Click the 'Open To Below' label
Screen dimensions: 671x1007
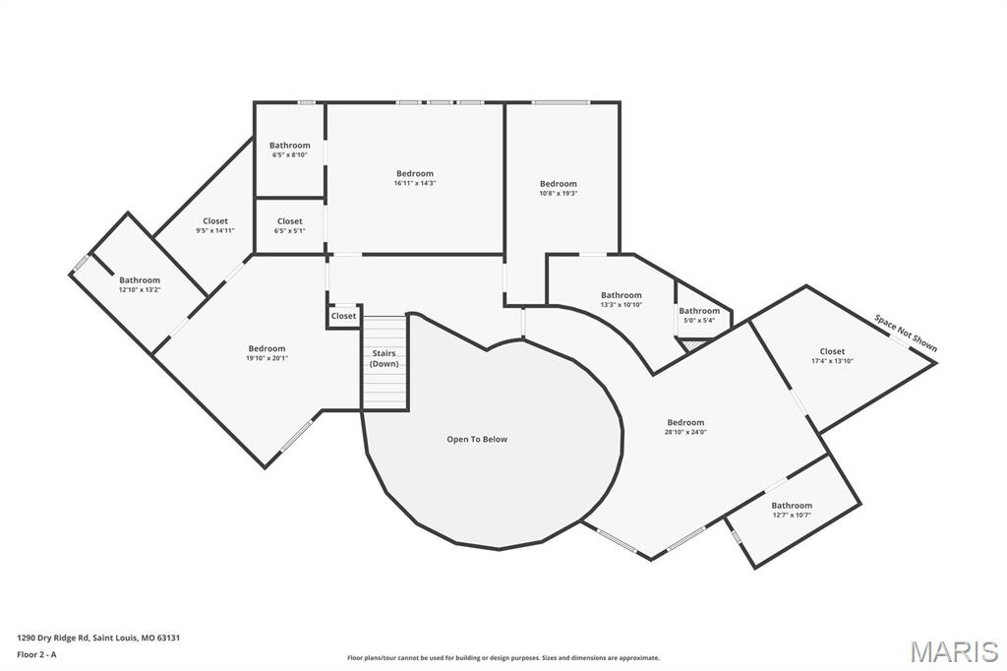click(x=477, y=439)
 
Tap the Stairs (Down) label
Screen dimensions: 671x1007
click(x=385, y=358)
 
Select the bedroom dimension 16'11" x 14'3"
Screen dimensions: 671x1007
click(x=415, y=183)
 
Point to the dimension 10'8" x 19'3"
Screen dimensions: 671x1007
click(x=558, y=194)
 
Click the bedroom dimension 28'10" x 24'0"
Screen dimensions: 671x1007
click(x=685, y=432)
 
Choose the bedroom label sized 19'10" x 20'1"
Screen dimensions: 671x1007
click(x=267, y=348)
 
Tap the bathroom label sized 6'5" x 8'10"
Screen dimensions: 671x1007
click(x=290, y=146)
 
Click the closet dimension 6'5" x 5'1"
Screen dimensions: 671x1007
click(x=290, y=231)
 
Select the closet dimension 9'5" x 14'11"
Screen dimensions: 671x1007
click(x=215, y=230)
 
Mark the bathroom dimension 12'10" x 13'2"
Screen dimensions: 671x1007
click(x=140, y=290)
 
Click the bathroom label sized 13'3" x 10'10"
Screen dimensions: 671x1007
click(x=622, y=295)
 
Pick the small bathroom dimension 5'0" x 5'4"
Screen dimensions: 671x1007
click(x=699, y=321)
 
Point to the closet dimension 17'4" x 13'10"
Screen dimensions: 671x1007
click(x=832, y=361)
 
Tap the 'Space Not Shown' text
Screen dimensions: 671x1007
click(x=906, y=334)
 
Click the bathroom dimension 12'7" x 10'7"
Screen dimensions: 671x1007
click(x=792, y=515)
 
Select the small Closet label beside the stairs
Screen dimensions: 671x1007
click(x=343, y=316)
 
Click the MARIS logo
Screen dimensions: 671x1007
click(x=953, y=650)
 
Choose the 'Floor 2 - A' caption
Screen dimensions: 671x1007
click(x=37, y=654)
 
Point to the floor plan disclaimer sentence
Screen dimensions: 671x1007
click(x=503, y=658)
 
